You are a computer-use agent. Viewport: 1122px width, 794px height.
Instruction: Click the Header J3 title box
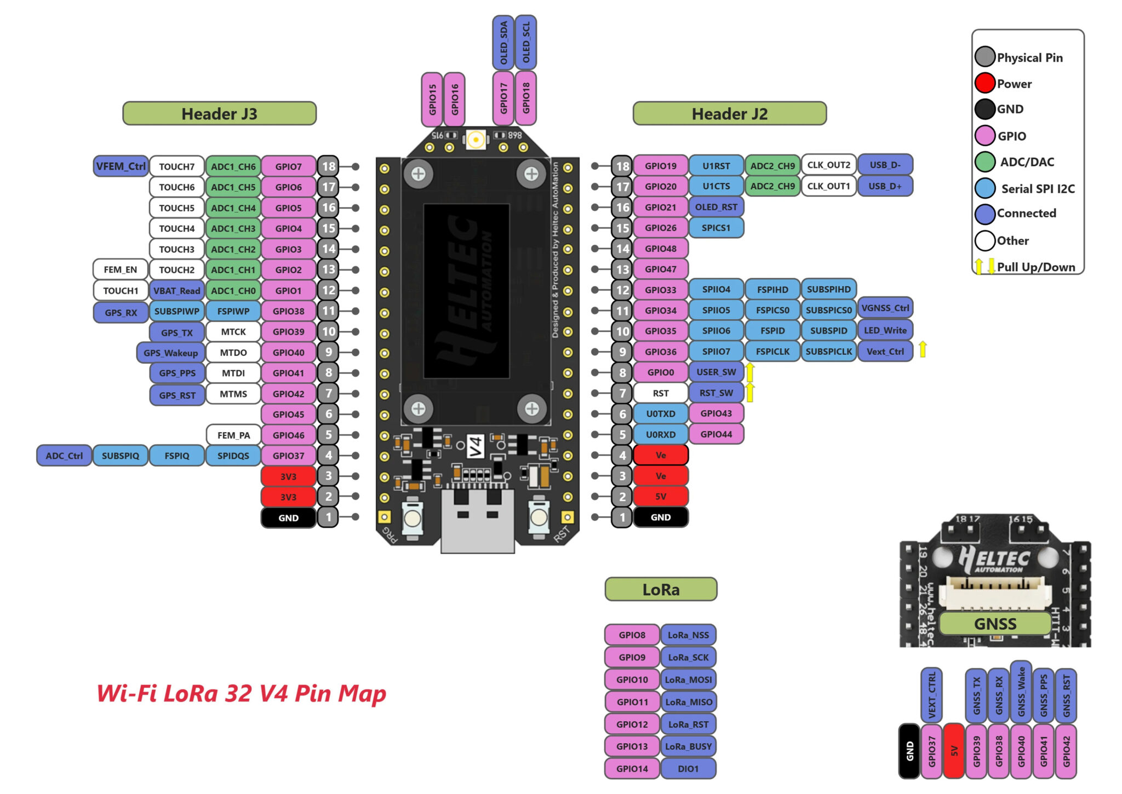219,113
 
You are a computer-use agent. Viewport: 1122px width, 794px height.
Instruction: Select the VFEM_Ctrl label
121,166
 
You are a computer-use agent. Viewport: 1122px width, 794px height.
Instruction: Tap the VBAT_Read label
176,291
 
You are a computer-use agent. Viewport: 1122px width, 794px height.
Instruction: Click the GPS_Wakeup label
170,353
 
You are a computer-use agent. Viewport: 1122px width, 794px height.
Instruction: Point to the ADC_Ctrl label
64,456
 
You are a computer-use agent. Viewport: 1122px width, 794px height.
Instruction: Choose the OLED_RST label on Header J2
715,207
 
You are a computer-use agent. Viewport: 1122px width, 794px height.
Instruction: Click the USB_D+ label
884,186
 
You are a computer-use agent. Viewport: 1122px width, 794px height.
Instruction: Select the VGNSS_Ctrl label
884,308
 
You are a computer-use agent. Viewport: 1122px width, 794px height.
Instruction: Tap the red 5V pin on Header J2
660,497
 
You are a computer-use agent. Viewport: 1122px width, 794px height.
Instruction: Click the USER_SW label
715,372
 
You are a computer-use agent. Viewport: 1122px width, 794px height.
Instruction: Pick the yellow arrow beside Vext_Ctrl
923,349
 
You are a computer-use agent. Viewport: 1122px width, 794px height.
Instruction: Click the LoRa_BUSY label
688,746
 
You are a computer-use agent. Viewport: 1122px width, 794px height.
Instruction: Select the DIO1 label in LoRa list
688,769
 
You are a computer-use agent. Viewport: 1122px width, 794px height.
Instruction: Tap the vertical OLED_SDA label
503,43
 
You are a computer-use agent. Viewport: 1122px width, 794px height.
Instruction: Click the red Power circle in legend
984,83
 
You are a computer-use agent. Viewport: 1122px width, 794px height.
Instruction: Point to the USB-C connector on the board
477,520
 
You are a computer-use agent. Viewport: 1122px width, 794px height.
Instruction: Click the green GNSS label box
995,624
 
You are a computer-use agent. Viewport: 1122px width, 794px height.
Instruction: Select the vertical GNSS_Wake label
1021,692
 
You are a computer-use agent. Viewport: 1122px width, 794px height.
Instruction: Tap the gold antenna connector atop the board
476,140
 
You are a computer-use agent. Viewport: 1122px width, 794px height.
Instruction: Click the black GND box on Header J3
288,517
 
